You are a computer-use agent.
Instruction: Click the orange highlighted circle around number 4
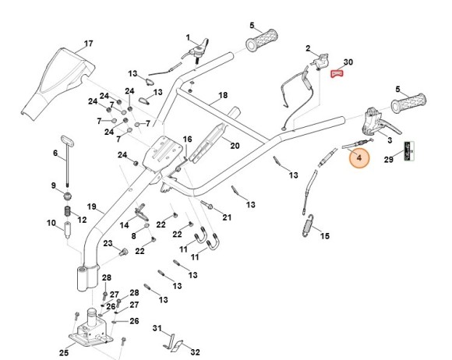pyautogui.click(x=360, y=158)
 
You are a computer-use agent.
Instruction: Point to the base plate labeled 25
pyautogui.click(x=90, y=331)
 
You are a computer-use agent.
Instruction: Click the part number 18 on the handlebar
pyautogui.click(x=223, y=95)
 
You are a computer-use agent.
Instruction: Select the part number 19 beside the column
pyautogui.click(x=91, y=207)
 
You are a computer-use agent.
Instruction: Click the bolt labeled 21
pyautogui.click(x=210, y=207)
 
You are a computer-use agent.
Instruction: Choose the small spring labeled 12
pyautogui.click(x=69, y=213)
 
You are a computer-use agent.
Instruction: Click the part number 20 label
pyautogui.click(x=235, y=145)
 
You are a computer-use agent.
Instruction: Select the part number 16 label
pyautogui.click(x=187, y=139)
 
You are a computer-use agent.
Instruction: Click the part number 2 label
pyautogui.click(x=308, y=48)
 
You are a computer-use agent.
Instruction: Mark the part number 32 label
pyautogui.click(x=196, y=352)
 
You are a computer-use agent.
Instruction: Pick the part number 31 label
pyautogui.click(x=156, y=328)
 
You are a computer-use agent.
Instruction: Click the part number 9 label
pyautogui.click(x=54, y=185)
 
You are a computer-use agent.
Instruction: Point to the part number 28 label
pyautogui.click(x=107, y=278)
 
